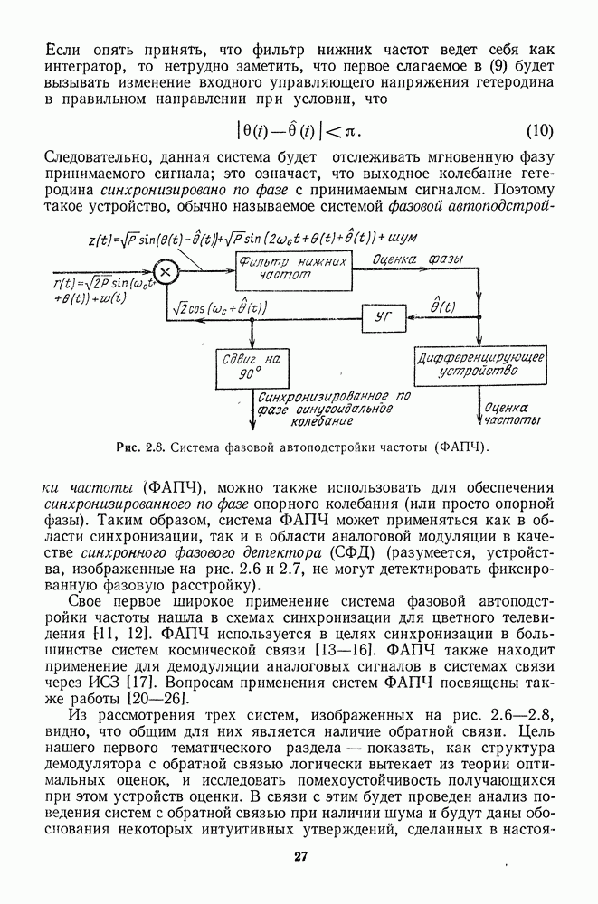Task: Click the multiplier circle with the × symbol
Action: point(165,270)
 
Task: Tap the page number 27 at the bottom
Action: point(299,857)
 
